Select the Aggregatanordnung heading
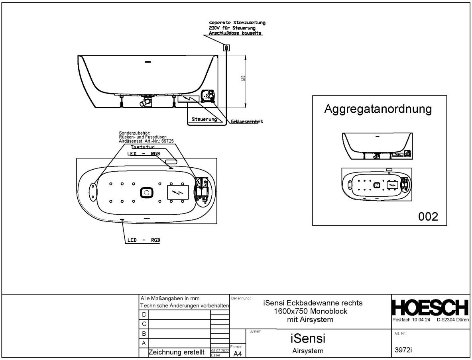click(378, 109)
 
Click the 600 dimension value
click(243, 78)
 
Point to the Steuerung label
click(204, 119)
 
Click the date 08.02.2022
click(220, 350)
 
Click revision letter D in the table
click(144, 315)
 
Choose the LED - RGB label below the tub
click(144, 240)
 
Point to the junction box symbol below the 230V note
click(226, 48)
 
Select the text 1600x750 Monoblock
click(310, 311)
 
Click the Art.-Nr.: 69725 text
click(146, 141)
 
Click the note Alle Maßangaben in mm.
click(170, 298)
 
